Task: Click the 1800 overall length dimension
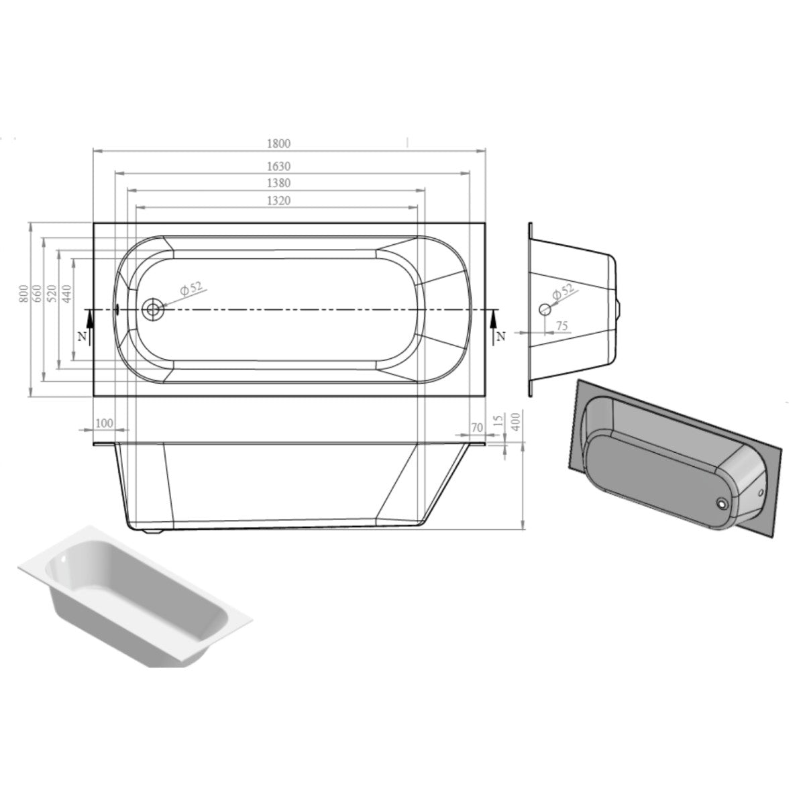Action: tap(278, 144)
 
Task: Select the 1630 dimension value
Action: tap(278, 166)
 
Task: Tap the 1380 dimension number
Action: tap(278, 183)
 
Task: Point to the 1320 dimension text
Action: tap(278, 201)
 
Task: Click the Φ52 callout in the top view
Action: tap(191, 288)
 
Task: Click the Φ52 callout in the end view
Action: tap(563, 290)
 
